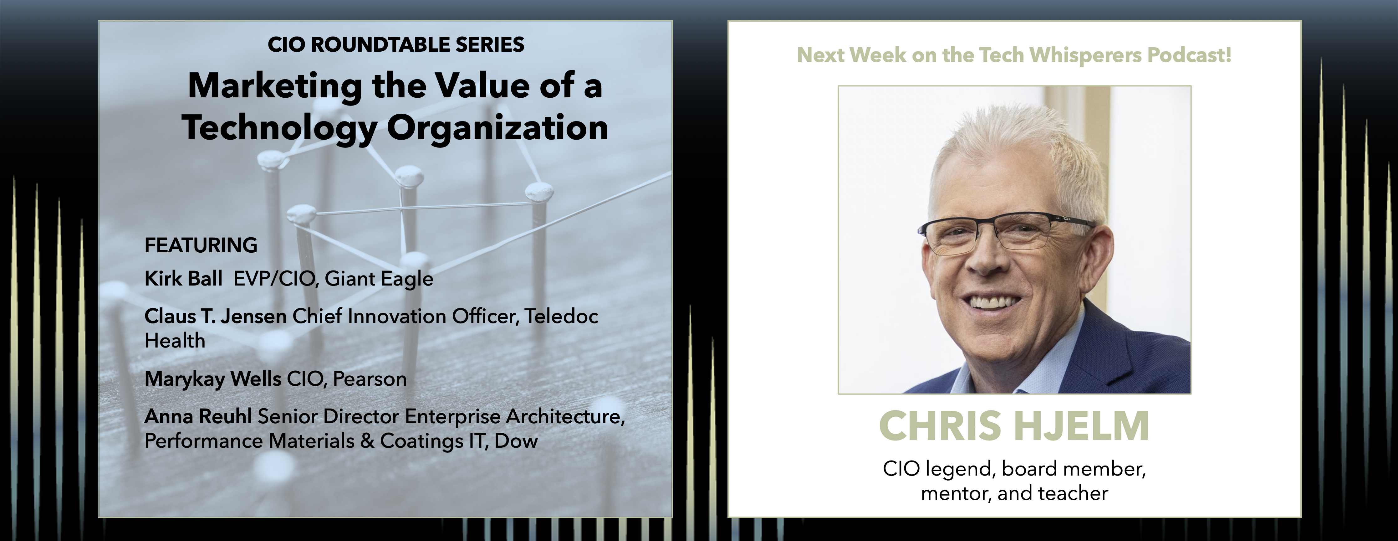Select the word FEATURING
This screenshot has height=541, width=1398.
pos(201,245)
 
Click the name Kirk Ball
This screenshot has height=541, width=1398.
pos(183,279)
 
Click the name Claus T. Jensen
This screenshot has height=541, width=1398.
pos(216,316)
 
